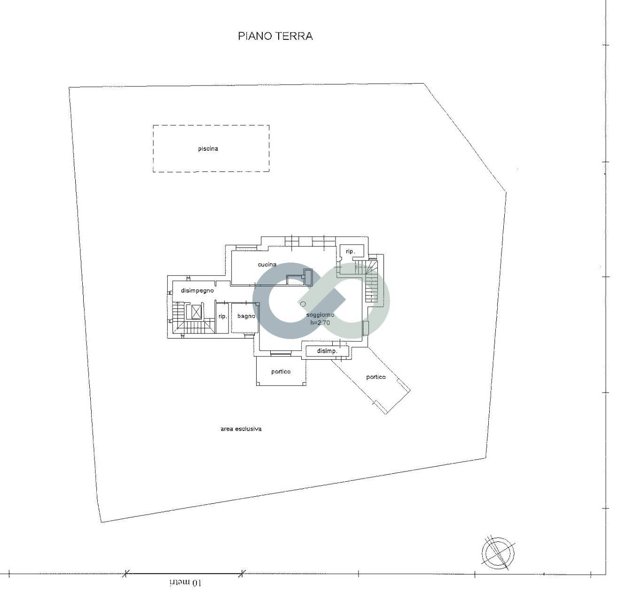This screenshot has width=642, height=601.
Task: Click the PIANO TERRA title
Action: (x=275, y=36)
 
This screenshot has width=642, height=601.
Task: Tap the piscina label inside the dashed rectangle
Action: (x=208, y=149)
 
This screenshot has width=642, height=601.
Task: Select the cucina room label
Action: (x=267, y=265)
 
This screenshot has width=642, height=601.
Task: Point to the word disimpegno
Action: (x=197, y=291)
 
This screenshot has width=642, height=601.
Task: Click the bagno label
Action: (x=246, y=316)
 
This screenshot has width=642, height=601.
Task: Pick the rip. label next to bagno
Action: (x=223, y=316)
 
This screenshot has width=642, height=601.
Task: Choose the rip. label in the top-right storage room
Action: (x=350, y=252)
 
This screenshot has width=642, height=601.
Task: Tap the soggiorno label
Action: (x=320, y=315)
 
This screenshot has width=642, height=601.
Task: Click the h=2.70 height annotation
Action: (x=320, y=323)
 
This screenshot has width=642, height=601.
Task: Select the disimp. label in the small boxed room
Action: (x=327, y=351)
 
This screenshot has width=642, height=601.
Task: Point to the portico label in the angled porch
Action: (x=376, y=377)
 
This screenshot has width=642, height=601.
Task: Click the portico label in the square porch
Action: (x=281, y=372)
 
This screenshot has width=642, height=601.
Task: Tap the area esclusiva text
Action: (x=241, y=429)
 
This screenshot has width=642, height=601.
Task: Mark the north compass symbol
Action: (x=498, y=552)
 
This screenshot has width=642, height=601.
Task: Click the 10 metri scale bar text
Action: (x=185, y=583)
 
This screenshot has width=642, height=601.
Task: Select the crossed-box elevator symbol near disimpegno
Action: (x=194, y=311)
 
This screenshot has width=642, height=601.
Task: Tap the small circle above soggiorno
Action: (x=303, y=304)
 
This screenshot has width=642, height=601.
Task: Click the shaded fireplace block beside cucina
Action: (x=308, y=277)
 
